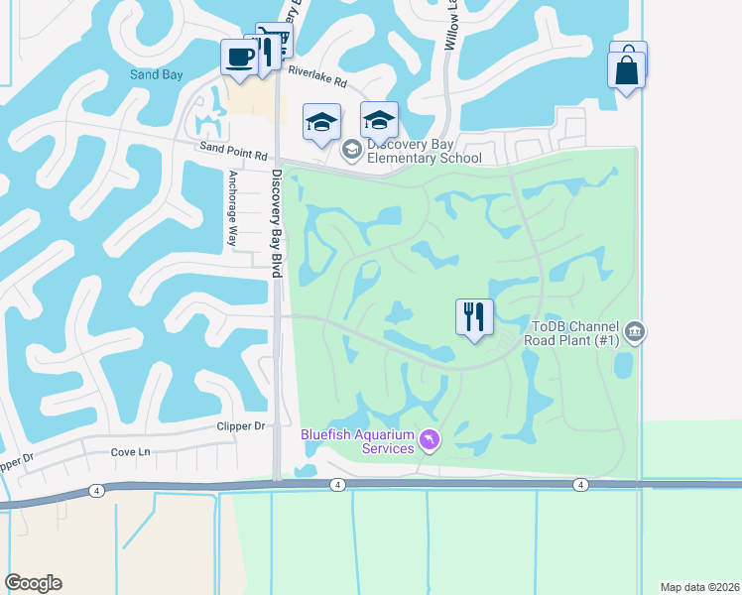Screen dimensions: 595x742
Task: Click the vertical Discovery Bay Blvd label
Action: [277, 222]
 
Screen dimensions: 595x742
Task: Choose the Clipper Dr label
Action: [240, 426]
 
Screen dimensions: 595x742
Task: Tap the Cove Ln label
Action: [131, 452]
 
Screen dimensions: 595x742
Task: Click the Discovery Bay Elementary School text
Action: [424, 151]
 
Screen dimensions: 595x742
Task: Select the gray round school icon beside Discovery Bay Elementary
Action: [350, 150]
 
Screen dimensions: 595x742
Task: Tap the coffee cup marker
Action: [238, 58]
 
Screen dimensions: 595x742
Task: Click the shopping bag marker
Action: [626, 70]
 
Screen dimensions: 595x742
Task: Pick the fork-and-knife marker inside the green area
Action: [474, 317]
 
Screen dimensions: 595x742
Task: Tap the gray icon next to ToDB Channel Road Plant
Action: [636, 331]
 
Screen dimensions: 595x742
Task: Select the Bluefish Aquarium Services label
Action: [358, 441]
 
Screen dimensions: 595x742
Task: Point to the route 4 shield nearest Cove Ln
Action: [96, 490]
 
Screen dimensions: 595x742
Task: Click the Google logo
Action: [33, 583]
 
